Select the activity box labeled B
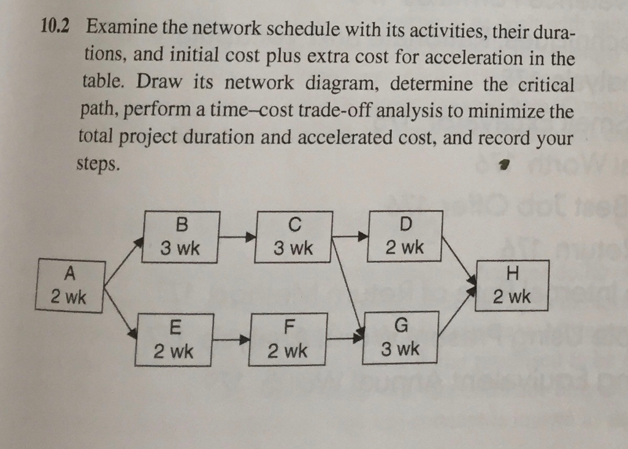[180, 237]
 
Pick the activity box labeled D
[405, 236]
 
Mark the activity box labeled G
[400, 337]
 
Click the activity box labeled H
[511, 286]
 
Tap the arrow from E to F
[231, 339]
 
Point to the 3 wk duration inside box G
[400, 349]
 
